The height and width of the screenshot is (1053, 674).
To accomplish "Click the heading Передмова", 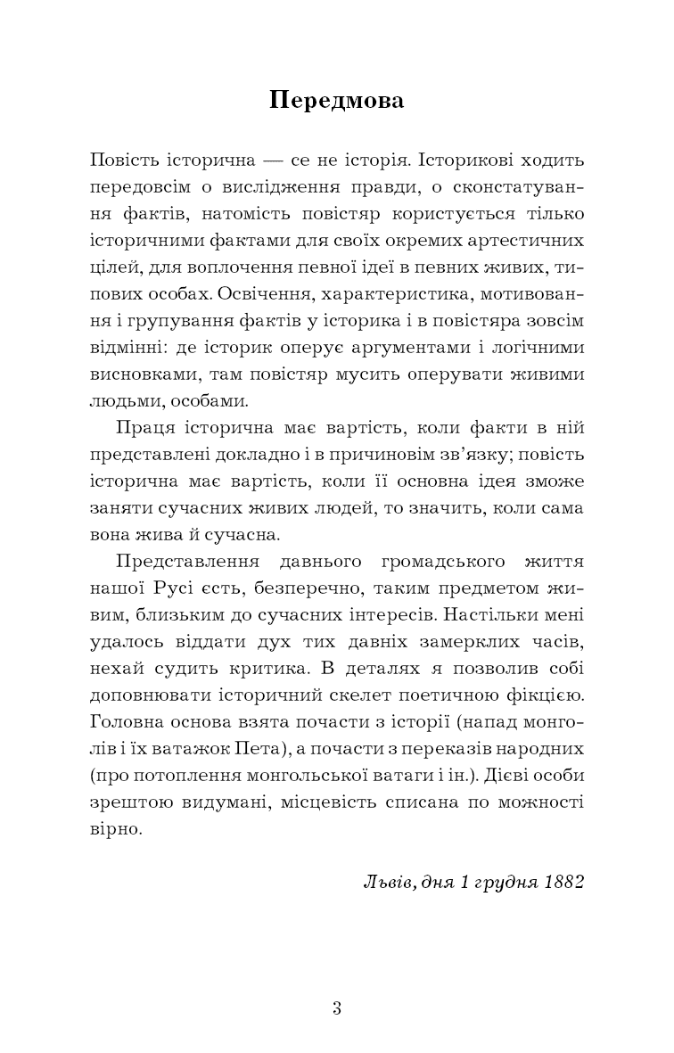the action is click(337, 101).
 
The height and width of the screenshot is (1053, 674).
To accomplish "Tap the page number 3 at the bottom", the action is click(337, 1008).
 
